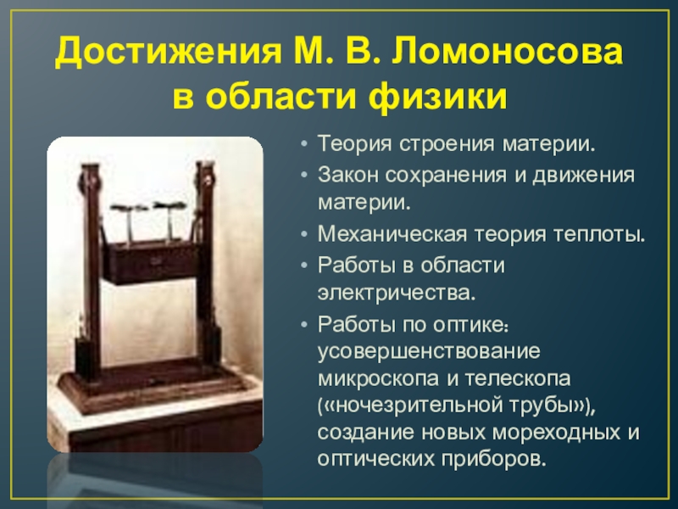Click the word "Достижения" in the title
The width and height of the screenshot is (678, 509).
158,55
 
